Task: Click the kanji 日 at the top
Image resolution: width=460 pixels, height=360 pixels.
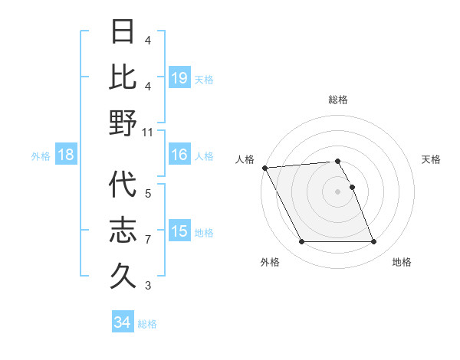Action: click(123, 33)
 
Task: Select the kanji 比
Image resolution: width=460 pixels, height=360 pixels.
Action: click(123, 77)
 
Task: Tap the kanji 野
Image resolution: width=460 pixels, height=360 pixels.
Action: click(123, 123)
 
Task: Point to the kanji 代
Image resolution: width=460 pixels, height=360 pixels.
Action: click(123, 185)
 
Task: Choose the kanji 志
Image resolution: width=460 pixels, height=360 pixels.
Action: click(123, 231)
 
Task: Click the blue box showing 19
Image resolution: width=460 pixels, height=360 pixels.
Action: click(179, 77)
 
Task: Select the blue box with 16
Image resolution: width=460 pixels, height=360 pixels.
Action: click(179, 155)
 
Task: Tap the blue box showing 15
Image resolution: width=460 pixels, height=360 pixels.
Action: click(179, 231)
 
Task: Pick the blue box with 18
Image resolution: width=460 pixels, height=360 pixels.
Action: click(66, 155)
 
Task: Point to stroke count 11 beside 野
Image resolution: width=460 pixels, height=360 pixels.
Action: click(148, 133)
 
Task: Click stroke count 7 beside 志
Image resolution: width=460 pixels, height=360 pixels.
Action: click(148, 240)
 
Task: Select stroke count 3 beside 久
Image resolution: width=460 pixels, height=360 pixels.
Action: click(148, 286)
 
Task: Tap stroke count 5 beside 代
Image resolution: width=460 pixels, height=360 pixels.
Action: click(148, 194)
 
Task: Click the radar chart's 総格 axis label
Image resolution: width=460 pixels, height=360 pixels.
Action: click(338, 100)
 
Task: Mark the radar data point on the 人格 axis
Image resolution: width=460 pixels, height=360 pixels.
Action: click(264, 168)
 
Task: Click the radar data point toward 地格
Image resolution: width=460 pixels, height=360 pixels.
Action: click(374, 242)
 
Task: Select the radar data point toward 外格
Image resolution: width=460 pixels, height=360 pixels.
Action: click(301, 242)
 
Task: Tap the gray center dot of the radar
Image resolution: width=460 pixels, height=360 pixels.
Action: click(338, 191)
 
